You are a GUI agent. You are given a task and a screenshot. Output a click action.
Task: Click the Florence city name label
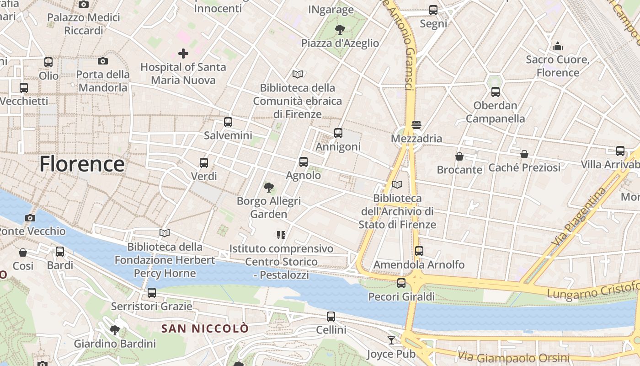[x=82, y=164]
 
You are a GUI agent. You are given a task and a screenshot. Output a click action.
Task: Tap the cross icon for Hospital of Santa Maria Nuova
[x=183, y=54]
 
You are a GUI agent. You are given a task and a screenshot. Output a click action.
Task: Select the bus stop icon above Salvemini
[x=228, y=122]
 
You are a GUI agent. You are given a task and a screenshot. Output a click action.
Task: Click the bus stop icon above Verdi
[x=204, y=162]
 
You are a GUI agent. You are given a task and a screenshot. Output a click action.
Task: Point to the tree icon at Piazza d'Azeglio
[x=340, y=30]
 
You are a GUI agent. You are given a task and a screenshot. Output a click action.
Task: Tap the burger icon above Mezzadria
[x=416, y=124]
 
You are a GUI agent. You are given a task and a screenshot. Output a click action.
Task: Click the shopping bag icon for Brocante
[x=459, y=156]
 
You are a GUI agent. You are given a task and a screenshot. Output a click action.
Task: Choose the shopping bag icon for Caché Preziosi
[x=524, y=154]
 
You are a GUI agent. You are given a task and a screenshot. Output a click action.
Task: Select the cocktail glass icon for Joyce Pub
[x=391, y=340]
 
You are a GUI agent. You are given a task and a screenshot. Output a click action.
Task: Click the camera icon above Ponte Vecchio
[x=30, y=218]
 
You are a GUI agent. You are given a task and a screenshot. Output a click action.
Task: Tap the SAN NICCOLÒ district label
[x=205, y=328]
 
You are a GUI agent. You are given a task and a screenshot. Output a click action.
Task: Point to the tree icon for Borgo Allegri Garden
[x=269, y=187]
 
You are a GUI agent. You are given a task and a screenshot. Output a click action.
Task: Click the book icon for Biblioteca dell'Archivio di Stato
[x=397, y=184]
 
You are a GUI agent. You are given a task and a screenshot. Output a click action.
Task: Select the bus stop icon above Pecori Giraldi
[x=401, y=283]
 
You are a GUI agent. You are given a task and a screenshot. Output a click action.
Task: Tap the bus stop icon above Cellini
[x=331, y=316]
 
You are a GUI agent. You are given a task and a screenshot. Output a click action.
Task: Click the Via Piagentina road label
[x=579, y=216]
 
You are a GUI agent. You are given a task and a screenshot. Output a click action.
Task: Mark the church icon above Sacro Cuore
[x=558, y=46]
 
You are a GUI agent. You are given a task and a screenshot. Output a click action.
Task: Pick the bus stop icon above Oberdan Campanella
[x=496, y=92]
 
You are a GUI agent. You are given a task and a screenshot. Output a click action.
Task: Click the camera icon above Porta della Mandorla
[x=103, y=61]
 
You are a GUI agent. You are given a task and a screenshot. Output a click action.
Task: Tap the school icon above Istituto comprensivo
[x=281, y=235]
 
